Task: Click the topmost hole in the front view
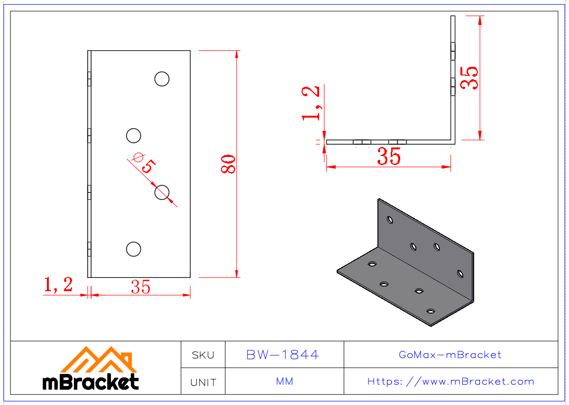point(162,79)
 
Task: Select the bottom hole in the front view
point(134,249)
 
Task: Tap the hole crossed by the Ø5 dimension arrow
point(162,192)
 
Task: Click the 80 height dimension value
point(229,164)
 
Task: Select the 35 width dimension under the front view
point(141,287)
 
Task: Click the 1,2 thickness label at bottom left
point(58,285)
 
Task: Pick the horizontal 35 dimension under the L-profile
point(389,157)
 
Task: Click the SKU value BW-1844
point(283,355)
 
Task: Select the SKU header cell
point(203,355)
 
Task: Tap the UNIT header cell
point(203,382)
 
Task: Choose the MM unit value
point(284,382)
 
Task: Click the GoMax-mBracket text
point(450,355)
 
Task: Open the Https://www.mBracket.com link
point(450,382)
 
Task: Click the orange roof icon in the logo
point(99,360)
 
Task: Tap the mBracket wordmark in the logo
point(91,382)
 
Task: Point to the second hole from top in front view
point(134,136)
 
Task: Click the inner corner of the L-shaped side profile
point(450,139)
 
